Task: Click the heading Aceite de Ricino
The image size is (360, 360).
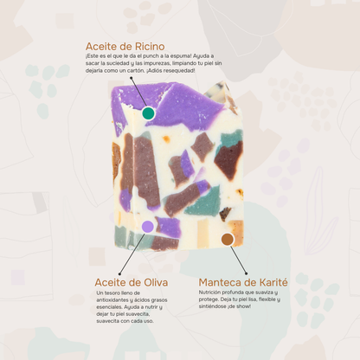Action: coord(125,46)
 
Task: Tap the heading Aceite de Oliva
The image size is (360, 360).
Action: coord(132,282)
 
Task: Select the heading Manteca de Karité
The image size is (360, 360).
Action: coord(242,282)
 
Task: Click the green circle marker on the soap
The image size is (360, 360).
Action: coord(148,113)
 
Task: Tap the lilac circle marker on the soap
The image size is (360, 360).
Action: coord(148,227)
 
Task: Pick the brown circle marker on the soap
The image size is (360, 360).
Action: coord(228,239)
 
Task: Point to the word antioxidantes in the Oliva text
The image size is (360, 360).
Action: coord(117,301)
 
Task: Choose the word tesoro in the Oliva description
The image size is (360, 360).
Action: coord(114,294)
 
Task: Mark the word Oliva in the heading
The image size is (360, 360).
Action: coord(151,282)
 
